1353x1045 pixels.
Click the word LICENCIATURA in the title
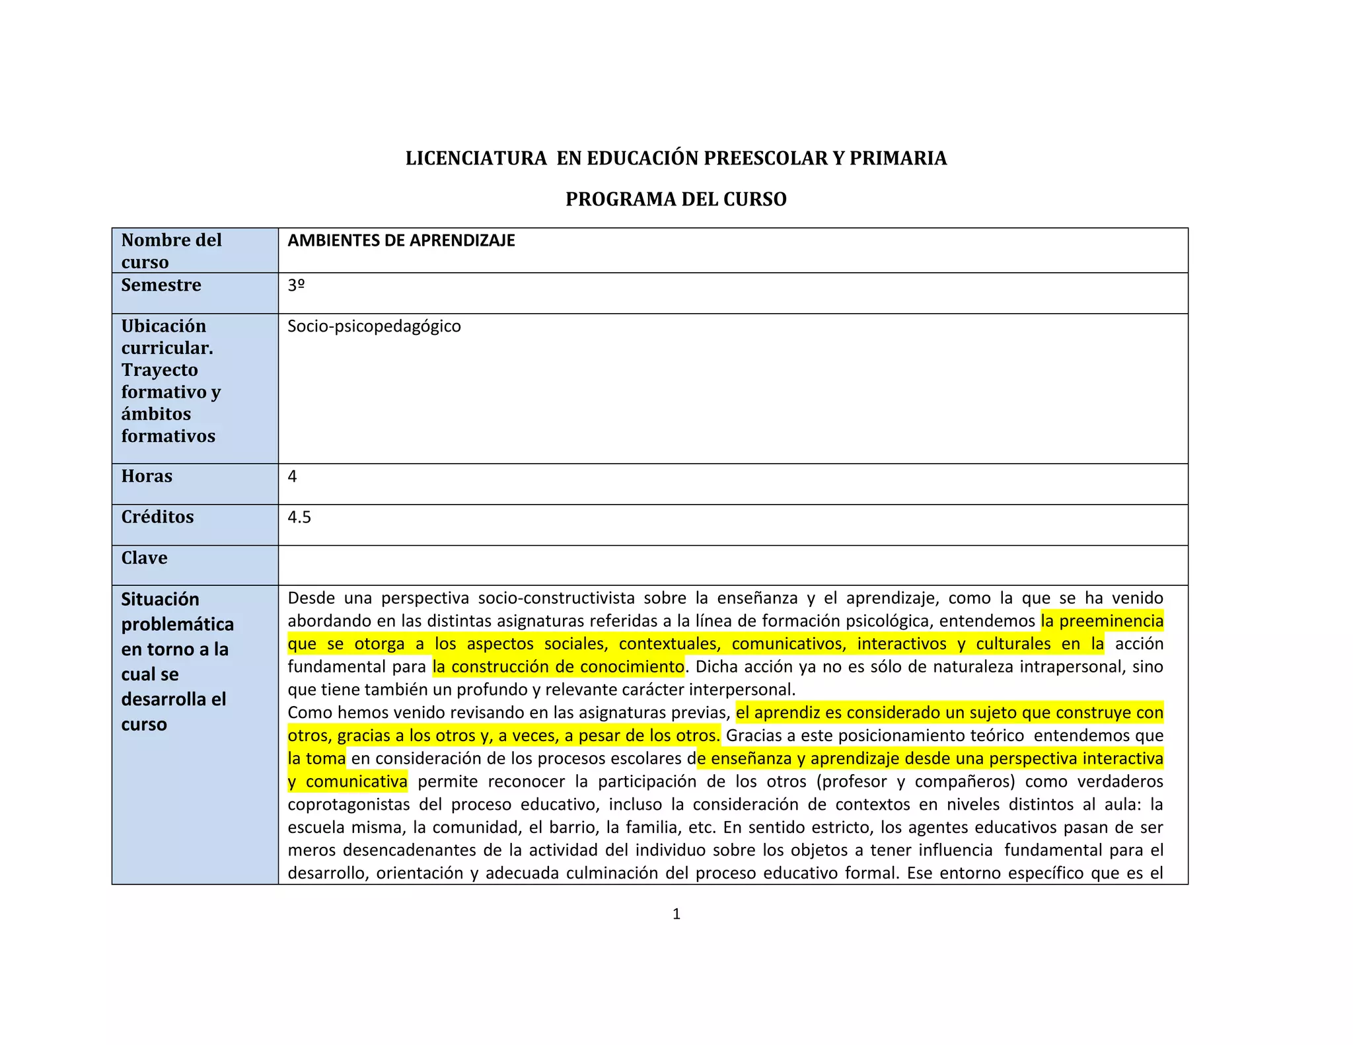pos(476,159)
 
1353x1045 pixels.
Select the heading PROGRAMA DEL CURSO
pos(676,199)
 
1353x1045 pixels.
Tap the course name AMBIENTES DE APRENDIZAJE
pos(401,240)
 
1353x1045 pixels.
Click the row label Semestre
pos(161,285)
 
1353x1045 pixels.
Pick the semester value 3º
pos(296,285)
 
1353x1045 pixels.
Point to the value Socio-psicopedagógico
pos(374,326)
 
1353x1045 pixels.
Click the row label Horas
pos(147,476)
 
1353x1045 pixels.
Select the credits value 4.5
pos(299,517)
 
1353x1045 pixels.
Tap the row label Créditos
pos(157,517)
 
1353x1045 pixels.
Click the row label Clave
pos(144,558)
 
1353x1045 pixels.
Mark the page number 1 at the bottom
pos(676,914)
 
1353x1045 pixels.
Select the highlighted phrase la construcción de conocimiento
pos(558,667)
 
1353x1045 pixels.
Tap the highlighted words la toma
pos(316,758)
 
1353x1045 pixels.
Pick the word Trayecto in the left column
pos(159,370)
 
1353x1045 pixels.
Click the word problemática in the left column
pos(177,625)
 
